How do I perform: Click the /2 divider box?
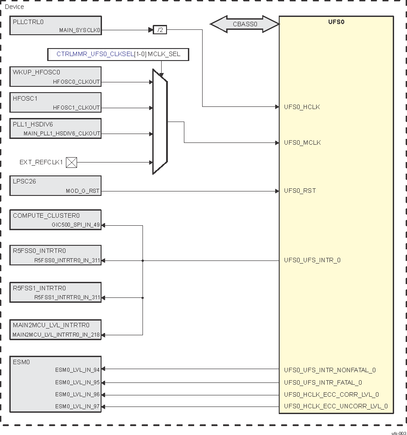click(x=160, y=30)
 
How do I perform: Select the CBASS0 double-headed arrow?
click(x=244, y=24)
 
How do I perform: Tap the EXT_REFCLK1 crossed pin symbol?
click(x=71, y=163)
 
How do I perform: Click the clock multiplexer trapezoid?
click(x=160, y=122)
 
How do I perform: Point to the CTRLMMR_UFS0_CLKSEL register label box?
click(x=118, y=54)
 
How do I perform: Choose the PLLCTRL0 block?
click(x=56, y=25)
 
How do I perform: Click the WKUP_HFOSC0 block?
click(x=56, y=77)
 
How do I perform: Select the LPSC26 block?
click(x=56, y=185)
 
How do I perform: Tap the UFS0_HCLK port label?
click(x=302, y=107)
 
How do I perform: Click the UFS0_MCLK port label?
click(x=302, y=143)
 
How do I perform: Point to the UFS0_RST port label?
click(x=300, y=191)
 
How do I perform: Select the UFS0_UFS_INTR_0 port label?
click(x=312, y=260)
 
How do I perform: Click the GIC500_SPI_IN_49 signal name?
click(x=76, y=225)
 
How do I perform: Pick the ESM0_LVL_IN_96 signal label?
click(x=77, y=394)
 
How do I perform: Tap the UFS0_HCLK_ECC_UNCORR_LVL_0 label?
click(x=336, y=406)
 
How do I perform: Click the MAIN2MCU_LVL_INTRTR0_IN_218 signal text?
click(x=56, y=335)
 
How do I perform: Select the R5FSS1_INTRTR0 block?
click(x=56, y=293)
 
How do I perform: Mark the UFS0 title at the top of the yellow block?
click(x=336, y=21)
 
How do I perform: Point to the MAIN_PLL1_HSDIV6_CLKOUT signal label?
click(x=61, y=133)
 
